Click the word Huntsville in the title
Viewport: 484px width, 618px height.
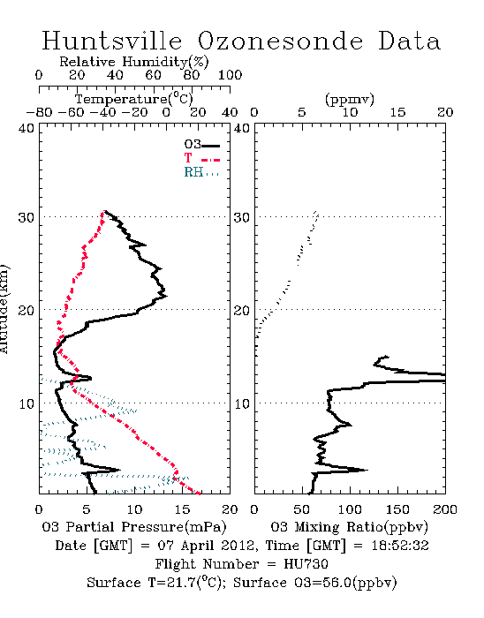point(112,41)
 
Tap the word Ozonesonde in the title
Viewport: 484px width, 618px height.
point(280,41)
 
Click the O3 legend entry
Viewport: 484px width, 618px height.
point(201,145)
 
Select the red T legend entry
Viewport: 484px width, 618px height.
point(201,158)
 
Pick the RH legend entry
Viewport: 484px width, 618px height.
point(201,172)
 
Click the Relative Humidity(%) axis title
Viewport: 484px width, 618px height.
point(134,62)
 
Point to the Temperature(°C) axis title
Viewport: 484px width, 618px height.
point(134,99)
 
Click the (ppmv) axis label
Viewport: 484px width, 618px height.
point(350,99)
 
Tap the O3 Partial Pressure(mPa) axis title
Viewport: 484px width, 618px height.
point(134,527)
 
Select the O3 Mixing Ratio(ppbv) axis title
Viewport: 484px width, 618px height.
point(349,527)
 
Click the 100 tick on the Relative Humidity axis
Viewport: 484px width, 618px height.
point(230,75)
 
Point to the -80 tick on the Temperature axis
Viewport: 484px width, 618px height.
point(39,113)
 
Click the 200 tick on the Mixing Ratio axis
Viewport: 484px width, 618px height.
point(445,509)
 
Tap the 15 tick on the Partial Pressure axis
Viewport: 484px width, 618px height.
point(182,509)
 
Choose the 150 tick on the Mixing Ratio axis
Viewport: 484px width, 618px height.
point(397,509)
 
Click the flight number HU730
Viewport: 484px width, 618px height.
point(306,564)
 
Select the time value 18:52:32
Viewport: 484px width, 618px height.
point(400,546)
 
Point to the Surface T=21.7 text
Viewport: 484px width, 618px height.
point(156,583)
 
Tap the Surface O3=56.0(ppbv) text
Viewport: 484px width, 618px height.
point(315,583)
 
